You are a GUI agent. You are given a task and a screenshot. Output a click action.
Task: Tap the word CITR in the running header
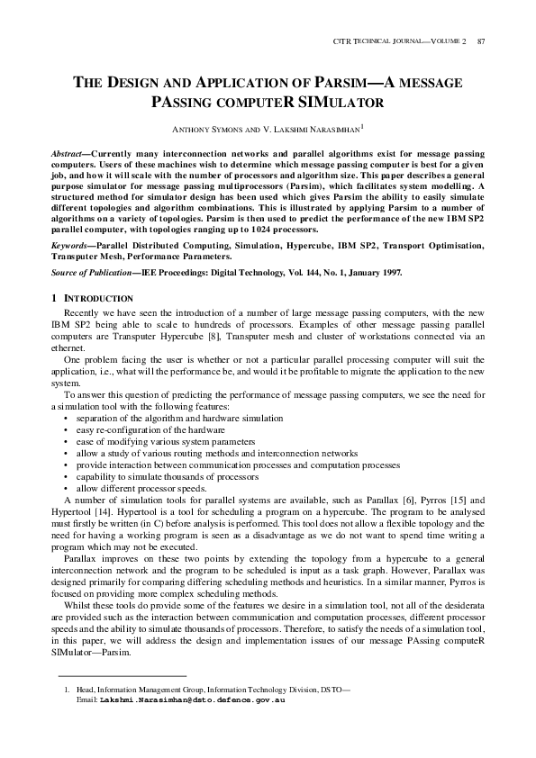341,42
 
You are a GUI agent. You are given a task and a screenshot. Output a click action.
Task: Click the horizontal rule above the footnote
121,675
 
